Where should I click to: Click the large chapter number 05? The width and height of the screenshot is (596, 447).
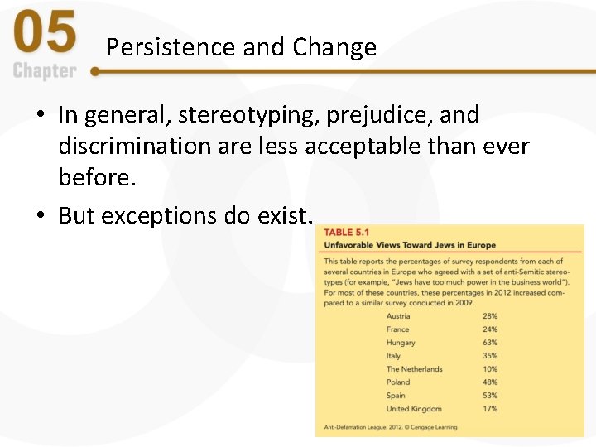[46, 36]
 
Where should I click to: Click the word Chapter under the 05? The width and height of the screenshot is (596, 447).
[44, 71]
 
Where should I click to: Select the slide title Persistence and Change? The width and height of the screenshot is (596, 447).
[241, 47]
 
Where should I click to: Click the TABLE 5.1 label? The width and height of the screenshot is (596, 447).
[350, 233]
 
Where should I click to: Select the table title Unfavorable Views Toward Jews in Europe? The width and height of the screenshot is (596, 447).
[410, 245]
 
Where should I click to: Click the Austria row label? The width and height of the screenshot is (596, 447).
[398, 316]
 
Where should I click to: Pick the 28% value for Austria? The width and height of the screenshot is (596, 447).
[490, 316]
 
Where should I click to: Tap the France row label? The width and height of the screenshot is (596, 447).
[397, 329]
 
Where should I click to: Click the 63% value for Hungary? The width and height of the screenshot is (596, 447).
[490, 343]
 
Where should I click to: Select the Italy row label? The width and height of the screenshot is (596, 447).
[393, 356]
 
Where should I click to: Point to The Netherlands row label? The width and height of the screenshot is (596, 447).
[414, 369]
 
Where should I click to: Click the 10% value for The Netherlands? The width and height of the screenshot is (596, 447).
[490, 369]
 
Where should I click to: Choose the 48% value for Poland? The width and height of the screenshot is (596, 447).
[490, 382]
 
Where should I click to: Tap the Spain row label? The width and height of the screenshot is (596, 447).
[397, 396]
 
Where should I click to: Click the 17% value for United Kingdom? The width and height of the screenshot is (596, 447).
[490, 409]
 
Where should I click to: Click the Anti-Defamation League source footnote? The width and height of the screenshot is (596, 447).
[390, 427]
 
